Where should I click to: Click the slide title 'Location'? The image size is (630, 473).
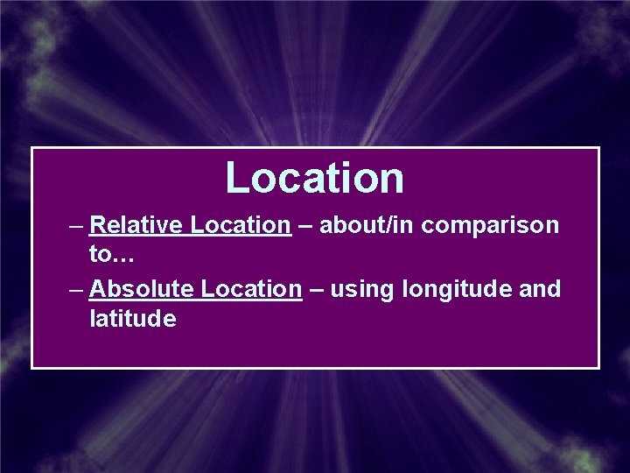point(315,177)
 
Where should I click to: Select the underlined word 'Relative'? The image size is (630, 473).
point(136,225)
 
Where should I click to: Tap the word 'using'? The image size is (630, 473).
point(360,290)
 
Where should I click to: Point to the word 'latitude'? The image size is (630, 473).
point(132,319)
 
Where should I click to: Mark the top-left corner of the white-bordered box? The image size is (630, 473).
point(32,147)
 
